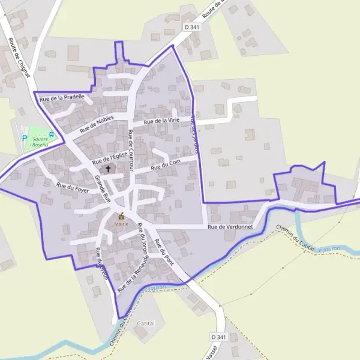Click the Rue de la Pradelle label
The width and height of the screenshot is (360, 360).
61,97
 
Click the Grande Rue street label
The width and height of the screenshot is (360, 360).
103,188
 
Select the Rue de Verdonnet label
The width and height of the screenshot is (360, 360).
230,227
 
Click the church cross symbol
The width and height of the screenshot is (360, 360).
109,169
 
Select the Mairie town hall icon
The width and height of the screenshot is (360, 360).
121,216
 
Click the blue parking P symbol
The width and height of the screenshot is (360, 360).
25,139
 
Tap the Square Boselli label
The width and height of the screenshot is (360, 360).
41,142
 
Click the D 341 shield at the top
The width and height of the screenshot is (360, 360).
192,28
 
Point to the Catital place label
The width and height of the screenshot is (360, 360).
146,323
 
